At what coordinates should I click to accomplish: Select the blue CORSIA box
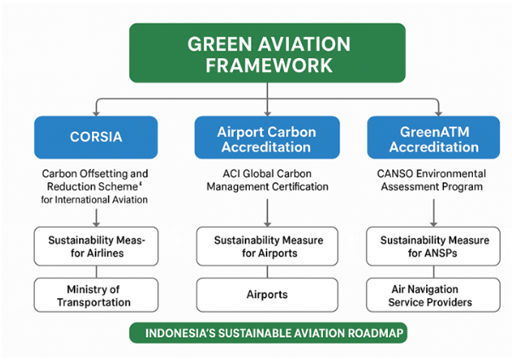coord(95,137)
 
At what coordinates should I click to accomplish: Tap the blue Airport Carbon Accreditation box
coord(267,137)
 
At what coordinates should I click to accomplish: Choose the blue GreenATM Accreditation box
coord(433,137)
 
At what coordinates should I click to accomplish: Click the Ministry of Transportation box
coord(95,294)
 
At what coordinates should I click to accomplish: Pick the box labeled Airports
coord(267,294)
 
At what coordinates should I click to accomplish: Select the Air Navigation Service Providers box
coord(433,294)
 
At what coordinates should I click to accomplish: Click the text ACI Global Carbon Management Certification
coord(267,180)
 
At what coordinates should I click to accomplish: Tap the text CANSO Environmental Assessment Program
coord(433,180)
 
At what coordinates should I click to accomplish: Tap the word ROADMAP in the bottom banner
coord(368,334)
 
